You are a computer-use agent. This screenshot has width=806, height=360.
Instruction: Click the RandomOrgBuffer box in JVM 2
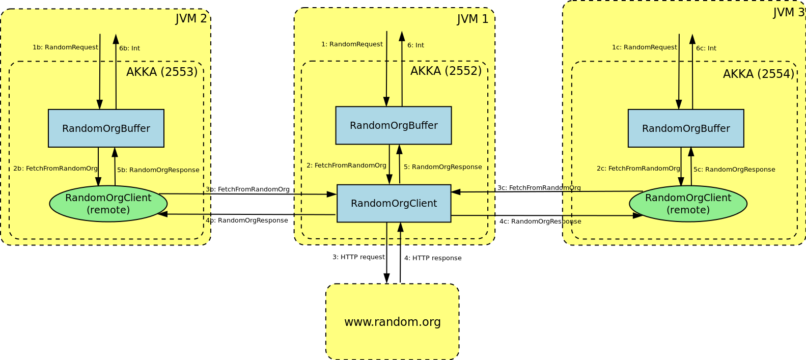click(x=106, y=128)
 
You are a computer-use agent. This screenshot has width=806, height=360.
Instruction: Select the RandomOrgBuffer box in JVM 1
click(x=394, y=125)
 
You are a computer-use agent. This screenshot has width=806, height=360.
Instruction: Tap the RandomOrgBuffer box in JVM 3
click(x=686, y=128)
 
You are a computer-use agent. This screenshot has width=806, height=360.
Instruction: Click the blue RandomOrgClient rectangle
click(x=394, y=203)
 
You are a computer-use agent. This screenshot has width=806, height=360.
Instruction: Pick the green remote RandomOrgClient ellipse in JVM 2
click(x=108, y=204)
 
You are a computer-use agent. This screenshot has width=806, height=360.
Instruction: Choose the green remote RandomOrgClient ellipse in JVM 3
click(x=688, y=204)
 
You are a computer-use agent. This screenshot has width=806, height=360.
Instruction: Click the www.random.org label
click(x=393, y=322)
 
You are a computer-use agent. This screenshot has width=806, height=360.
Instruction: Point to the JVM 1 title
click(x=473, y=19)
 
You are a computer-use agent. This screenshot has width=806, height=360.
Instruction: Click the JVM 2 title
click(x=191, y=19)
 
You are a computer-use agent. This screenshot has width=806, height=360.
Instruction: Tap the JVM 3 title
click(x=788, y=12)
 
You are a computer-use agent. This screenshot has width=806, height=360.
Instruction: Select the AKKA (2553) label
click(x=162, y=72)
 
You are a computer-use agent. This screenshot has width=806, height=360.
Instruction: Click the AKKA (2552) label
click(x=446, y=71)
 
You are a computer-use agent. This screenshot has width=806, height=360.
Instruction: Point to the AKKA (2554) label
click(x=758, y=74)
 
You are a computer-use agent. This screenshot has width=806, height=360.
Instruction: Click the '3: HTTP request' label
click(x=358, y=257)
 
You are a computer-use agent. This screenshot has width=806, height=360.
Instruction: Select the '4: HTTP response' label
click(x=433, y=258)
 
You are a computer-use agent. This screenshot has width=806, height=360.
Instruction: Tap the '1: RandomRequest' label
click(x=352, y=44)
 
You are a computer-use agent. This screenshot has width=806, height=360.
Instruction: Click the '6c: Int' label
click(x=706, y=48)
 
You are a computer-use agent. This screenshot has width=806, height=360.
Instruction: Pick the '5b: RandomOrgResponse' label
click(x=158, y=170)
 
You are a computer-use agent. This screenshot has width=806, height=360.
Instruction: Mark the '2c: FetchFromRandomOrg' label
click(x=638, y=169)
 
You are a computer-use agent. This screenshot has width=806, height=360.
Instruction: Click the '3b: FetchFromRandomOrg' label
click(x=247, y=189)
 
